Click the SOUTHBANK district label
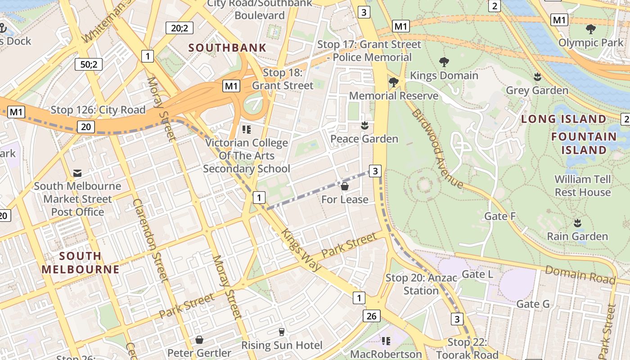tap(227, 48)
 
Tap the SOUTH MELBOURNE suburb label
tap(81, 263)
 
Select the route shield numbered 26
tap(371, 316)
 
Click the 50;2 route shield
tap(89, 64)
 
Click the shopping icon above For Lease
tap(345, 186)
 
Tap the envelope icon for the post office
tap(77, 173)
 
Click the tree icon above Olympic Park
tap(591, 30)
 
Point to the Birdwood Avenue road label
tap(436, 148)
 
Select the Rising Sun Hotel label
tap(282, 346)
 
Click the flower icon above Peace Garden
tap(364, 126)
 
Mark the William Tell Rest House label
tap(582, 185)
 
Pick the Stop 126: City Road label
tap(98, 110)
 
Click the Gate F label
tap(499, 216)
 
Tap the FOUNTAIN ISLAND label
tap(584, 143)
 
